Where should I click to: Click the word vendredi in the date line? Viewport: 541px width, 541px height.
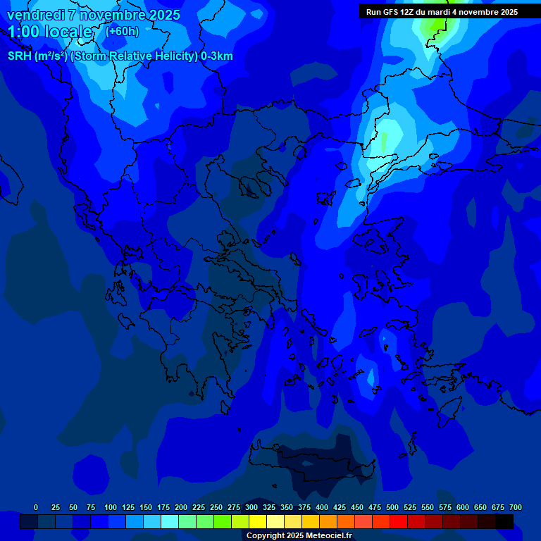tap(35, 15)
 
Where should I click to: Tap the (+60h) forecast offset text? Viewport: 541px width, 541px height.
tap(122, 31)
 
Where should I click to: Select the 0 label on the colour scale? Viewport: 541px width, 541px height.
tap(36, 508)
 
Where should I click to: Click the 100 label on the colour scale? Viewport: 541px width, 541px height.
tap(110, 508)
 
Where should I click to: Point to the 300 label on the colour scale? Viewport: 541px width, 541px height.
tap(251, 508)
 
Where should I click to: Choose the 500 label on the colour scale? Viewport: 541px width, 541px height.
tap(392, 508)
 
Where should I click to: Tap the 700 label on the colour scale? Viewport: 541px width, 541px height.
tap(516, 508)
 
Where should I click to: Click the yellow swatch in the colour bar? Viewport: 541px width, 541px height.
tap(258, 521)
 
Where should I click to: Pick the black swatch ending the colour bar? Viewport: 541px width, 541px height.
tap(504, 521)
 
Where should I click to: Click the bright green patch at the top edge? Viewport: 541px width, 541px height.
tap(435, 26)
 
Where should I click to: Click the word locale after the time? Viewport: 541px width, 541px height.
tap(68, 32)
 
